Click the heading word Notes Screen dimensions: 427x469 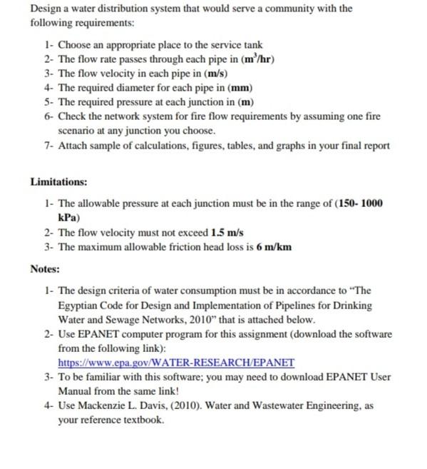coord(46,269)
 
